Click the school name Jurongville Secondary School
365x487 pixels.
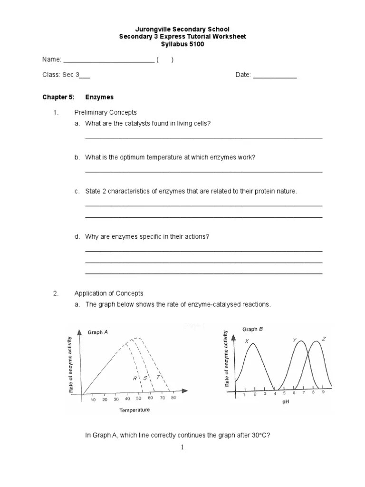pos(182,29)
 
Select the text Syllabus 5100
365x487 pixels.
pos(182,44)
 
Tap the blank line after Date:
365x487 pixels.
pos(275,76)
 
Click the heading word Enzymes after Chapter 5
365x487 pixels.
pos(99,97)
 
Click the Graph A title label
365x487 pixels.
pos(97,332)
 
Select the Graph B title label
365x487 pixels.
pos(253,329)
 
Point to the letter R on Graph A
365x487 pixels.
pos(134,378)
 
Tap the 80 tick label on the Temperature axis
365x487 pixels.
pos(173,398)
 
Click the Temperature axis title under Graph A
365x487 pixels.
pos(134,410)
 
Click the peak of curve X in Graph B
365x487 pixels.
pos(253,344)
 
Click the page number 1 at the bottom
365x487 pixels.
pos(182,447)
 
